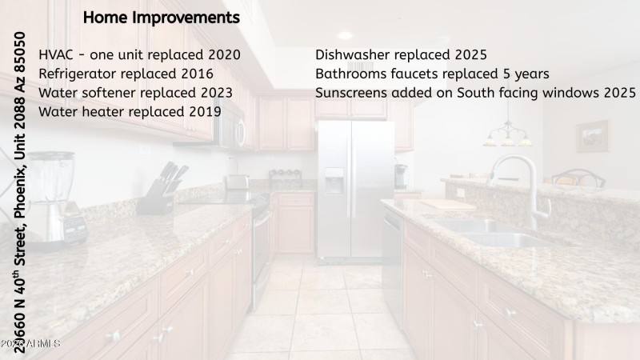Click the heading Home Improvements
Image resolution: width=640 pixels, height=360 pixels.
point(161,17)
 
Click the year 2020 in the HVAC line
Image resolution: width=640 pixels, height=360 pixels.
point(224,54)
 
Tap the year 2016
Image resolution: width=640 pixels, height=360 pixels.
point(197,74)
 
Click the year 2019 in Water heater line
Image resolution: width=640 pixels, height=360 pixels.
point(205,111)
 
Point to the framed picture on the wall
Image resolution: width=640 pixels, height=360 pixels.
point(592,137)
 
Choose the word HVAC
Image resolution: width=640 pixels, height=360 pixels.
point(58,54)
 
